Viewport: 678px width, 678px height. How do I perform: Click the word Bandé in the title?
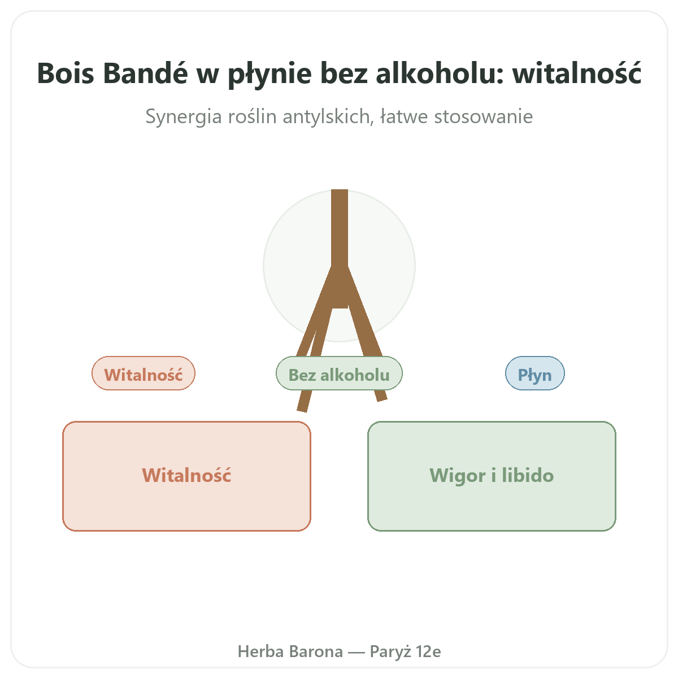(145, 73)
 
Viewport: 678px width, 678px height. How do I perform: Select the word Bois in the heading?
(66, 73)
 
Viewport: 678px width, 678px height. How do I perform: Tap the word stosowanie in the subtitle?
(484, 116)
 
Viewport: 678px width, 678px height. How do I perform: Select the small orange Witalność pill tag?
(143, 373)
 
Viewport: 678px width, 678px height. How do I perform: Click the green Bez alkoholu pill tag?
(339, 373)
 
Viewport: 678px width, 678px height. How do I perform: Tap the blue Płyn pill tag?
(534, 373)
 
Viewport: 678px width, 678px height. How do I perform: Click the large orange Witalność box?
(186, 476)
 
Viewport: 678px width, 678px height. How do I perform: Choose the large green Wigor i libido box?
(491, 476)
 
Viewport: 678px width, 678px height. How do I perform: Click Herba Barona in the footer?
(290, 651)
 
